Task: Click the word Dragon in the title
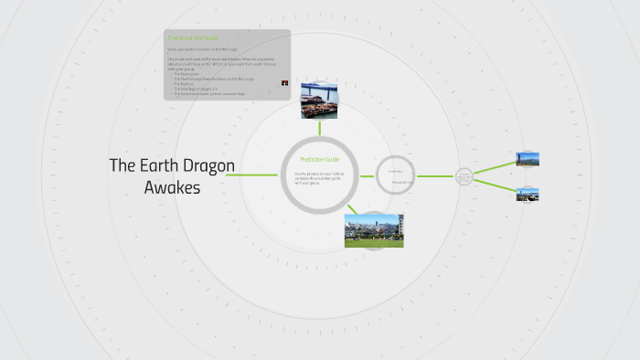pos(206,165)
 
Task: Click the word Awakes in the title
pos(172,187)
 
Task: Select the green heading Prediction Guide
pos(319,160)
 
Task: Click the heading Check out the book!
pos(192,37)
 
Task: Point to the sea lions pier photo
pos(320,101)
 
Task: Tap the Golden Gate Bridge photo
pos(528,160)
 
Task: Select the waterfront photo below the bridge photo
pos(528,194)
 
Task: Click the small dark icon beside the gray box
pos(285,83)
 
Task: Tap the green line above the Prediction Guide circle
pos(320,128)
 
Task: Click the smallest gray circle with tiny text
pos(464,176)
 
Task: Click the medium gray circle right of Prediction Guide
pos(396,175)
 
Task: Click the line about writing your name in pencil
pos(201,48)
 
